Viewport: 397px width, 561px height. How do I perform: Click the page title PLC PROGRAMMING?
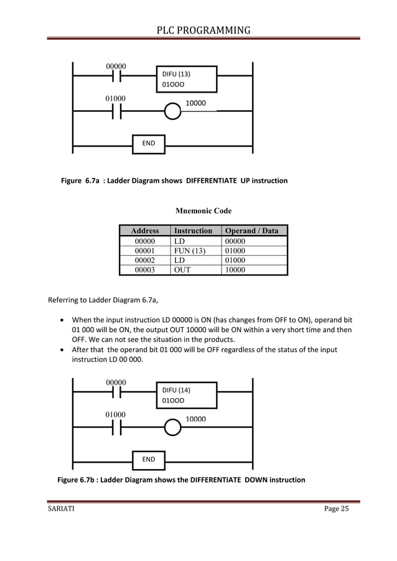(203, 29)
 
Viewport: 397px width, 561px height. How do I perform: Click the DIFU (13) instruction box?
(187, 78)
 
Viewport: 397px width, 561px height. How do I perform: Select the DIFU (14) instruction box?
(187, 395)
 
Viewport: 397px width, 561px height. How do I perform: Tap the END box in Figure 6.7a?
(149, 144)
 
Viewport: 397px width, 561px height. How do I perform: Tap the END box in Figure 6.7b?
(149, 460)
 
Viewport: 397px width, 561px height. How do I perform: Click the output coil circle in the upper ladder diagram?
(172, 111)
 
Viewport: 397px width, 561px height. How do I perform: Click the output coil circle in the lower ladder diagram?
(172, 428)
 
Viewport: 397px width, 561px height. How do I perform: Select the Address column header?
(145, 231)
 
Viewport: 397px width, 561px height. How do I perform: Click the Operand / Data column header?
(254, 231)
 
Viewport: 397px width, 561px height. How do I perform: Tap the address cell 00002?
(145, 260)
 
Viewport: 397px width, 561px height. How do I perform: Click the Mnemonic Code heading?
(204, 211)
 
